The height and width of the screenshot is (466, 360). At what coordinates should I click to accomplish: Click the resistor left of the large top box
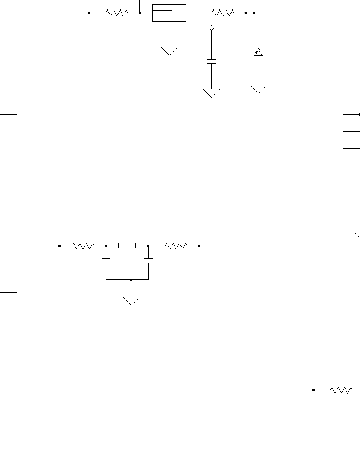117,13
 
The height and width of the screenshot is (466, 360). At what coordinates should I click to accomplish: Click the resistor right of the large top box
223,13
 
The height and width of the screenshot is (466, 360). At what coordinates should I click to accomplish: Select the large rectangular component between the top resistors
169,13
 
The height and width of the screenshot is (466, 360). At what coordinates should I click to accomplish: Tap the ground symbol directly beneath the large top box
169,50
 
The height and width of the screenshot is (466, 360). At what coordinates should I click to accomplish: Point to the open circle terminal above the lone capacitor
212,28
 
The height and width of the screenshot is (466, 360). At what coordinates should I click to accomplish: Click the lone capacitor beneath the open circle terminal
212,61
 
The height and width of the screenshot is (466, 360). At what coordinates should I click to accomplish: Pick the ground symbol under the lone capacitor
212,93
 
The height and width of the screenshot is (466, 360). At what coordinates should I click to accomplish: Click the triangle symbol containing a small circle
258,52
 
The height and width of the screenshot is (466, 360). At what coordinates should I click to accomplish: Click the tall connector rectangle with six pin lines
335,135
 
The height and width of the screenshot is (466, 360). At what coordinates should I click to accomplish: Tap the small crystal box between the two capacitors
127,246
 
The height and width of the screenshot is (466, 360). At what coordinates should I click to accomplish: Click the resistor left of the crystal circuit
83,246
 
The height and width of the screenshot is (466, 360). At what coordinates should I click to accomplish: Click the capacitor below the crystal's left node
106,261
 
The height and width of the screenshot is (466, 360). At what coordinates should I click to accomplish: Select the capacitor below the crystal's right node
148,261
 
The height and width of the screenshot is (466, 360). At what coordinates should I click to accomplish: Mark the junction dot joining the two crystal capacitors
131,279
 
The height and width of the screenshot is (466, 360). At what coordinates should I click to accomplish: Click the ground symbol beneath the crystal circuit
131,301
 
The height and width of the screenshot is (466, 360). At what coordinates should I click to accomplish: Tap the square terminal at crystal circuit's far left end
59,246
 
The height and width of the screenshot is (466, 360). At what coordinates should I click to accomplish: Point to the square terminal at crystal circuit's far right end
199,246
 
